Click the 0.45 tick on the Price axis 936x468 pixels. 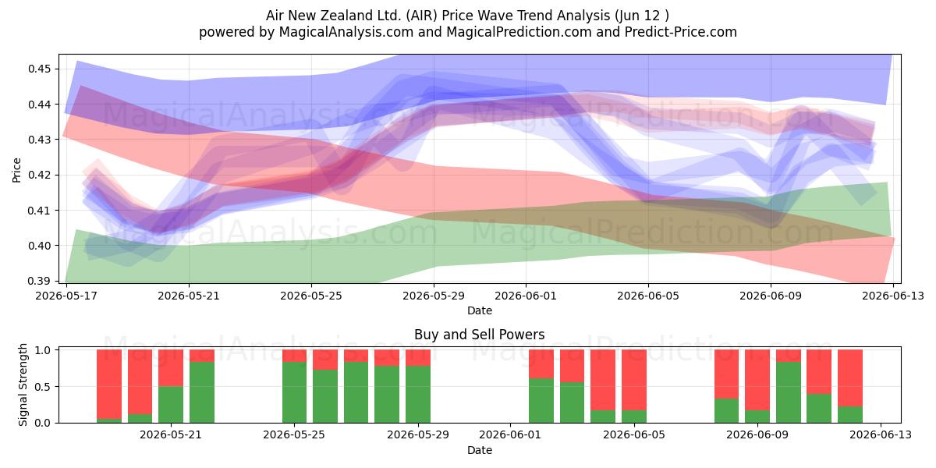pos(39,69)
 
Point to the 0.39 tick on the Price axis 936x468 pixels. pos(39,280)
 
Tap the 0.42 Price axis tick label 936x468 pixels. pos(39,175)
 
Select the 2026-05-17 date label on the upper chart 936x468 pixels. pos(66,296)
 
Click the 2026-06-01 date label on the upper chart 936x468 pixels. pos(526,296)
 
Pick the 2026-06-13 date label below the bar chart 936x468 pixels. pos(881,434)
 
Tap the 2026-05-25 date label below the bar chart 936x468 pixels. pos(294,434)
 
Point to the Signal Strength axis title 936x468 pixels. pos(23,385)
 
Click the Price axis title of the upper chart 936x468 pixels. pos(16,170)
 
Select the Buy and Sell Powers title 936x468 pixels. pos(479,335)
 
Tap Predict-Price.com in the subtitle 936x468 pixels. pos(681,32)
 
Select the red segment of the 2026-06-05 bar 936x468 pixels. pos(634,380)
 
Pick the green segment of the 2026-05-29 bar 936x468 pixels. pos(418,395)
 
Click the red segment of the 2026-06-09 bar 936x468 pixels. pos(757,380)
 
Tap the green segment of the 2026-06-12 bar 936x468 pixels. pos(850,414)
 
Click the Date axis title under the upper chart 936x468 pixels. pos(479,310)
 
